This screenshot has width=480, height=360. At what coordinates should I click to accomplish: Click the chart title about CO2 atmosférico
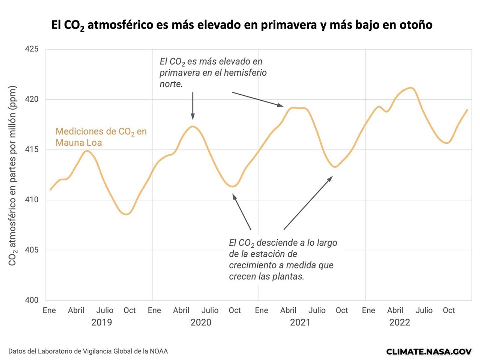[x=242, y=25]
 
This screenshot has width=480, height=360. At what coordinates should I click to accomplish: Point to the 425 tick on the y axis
[x=32, y=49]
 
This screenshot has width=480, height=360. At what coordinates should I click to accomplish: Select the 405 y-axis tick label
[x=32, y=250]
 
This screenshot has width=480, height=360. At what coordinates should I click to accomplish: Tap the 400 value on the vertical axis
[x=32, y=300]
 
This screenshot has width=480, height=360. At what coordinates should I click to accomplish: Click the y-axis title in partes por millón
[x=12, y=176]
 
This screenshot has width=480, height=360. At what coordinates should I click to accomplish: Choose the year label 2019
[x=102, y=322]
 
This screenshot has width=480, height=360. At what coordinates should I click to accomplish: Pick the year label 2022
[x=400, y=322]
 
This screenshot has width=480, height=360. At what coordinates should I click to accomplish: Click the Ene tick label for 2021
[x=261, y=310]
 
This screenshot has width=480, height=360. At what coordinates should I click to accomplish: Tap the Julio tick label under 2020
[x=210, y=310]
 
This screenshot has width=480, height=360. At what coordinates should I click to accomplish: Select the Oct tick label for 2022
[x=449, y=310]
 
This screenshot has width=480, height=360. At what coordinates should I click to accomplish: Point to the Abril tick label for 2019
[x=76, y=310]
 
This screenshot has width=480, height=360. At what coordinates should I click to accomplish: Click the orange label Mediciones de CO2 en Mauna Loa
[x=101, y=137]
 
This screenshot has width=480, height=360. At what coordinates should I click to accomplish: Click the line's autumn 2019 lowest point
[x=126, y=214]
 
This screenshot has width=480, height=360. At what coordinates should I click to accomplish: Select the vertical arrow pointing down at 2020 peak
[x=193, y=106]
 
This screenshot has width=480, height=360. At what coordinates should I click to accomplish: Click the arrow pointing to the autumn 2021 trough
[x=308, y=203]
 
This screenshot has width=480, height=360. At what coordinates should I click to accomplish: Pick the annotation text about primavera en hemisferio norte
[x=213, y=73]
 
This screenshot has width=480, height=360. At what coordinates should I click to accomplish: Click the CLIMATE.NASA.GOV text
[x=429, y=351]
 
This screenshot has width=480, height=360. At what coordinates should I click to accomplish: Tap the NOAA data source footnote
[x=88, y=351]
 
